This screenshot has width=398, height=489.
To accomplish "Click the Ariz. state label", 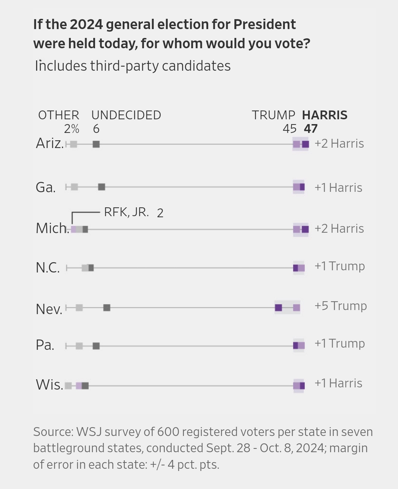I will tap(50, 143).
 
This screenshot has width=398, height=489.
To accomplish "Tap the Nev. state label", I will tap(49, 309).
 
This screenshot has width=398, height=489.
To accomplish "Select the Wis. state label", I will tap(49, 384).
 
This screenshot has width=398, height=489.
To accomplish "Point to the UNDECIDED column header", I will tap(126, 115).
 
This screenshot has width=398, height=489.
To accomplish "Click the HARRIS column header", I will tap(325, 115).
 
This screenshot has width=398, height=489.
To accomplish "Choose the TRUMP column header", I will tap(273, 115).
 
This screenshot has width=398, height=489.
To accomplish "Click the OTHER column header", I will tap(59, 115).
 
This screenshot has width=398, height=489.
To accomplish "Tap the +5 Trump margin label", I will tap(341, 306).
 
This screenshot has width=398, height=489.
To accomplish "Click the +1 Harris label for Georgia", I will tap(338, 188).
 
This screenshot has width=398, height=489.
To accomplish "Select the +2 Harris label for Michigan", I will tap(339, 229).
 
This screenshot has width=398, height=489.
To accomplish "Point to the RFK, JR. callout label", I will tap(126, 212).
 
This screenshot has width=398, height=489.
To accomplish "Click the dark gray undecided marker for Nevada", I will tap(107, 307).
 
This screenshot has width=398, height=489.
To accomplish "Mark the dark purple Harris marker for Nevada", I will tap(279, 307).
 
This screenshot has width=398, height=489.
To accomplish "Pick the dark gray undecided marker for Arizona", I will tap(96, 144).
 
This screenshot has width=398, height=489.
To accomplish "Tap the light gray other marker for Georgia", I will tap(74, 187).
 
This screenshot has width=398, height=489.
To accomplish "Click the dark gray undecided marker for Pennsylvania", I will tap(96, 346).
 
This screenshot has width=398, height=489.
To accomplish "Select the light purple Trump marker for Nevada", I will tap(297, 307).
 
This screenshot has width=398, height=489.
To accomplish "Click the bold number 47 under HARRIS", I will tap(311, 129).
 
